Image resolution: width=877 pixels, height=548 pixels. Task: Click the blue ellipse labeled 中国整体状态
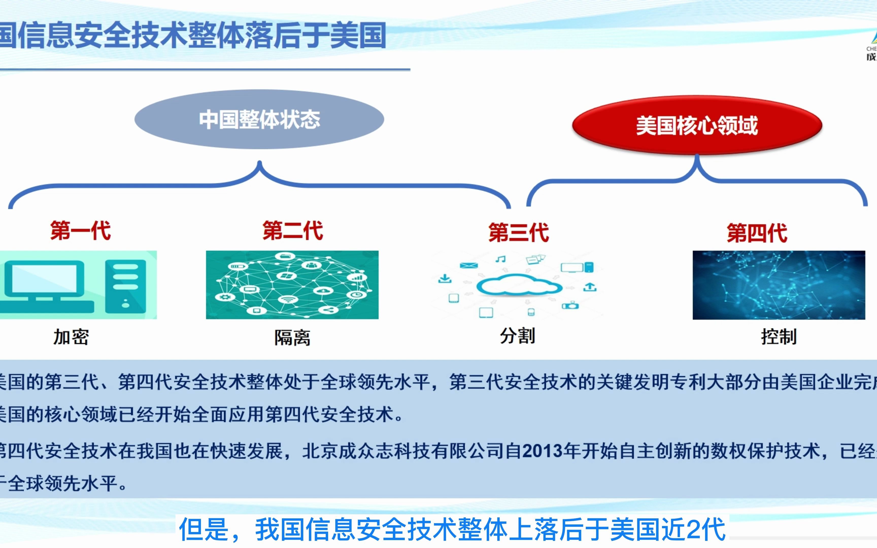[x=259, y=119]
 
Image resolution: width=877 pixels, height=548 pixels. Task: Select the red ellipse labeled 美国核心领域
[x=697, y=125]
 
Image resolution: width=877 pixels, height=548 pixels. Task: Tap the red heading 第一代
[x=80, y=231]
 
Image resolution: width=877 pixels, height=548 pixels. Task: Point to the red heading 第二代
[x=292, y=231]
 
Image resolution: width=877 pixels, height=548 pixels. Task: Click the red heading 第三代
[x=518, y=232]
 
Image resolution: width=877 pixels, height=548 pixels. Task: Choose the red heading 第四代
[x=757, y=233]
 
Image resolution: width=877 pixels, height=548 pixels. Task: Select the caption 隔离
[x=292, y=338]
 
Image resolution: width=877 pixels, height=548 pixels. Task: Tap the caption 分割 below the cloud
[x=517, y=336]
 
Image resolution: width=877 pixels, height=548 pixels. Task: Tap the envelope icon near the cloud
[x=469, y=266]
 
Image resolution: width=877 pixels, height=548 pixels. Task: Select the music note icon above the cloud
[x=500, y=259]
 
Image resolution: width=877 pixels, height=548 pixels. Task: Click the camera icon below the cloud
[x=570, y=305]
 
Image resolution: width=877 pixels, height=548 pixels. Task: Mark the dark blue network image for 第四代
[x=779, y=285]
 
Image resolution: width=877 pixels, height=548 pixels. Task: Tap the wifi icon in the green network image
[x=288, y=299]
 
